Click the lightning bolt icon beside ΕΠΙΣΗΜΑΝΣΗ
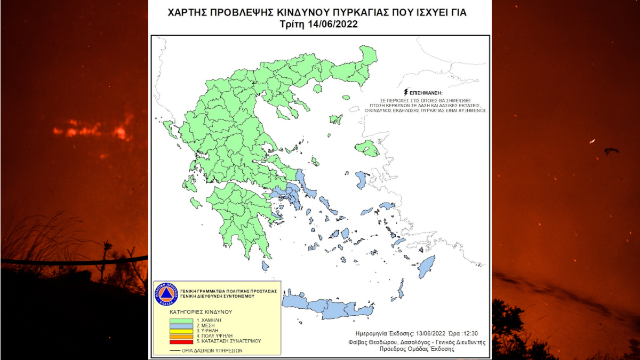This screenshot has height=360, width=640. tap(407, 92)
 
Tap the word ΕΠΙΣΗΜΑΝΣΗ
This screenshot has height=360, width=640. tap(427, 93)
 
